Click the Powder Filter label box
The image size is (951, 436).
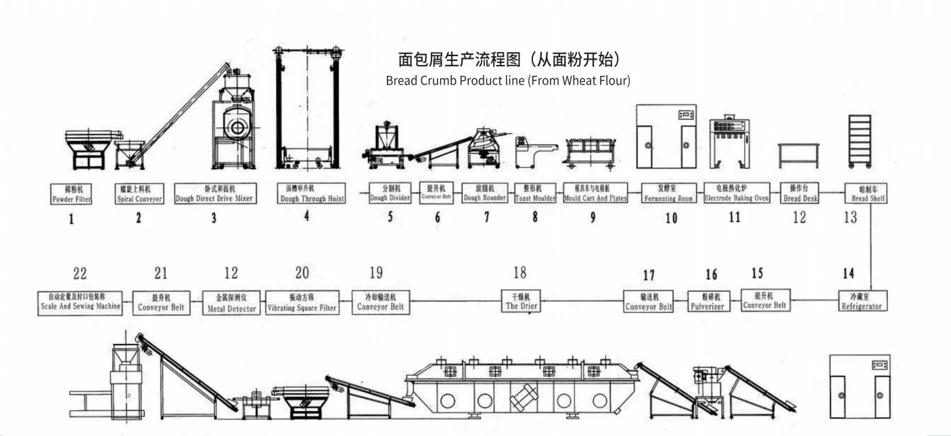(71, 194)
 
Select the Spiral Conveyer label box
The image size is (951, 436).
(139, 194)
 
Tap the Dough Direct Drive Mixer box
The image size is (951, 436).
(214, 194)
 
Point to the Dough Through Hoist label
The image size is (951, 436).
(312, 194)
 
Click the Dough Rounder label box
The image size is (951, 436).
(484, 193)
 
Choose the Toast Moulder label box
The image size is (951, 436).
(535, 193)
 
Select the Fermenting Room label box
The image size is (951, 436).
(668, 194)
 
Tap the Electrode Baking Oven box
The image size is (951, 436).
(737, 194)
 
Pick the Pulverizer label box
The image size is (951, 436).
(707, 301)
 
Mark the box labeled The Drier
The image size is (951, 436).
(521, 301)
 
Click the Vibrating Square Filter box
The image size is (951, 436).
(302, 302)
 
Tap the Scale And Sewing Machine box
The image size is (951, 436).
(80, 301)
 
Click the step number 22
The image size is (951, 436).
(80, 274)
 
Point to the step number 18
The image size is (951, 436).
(519, 273)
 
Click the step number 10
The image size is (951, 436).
(670, 218)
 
